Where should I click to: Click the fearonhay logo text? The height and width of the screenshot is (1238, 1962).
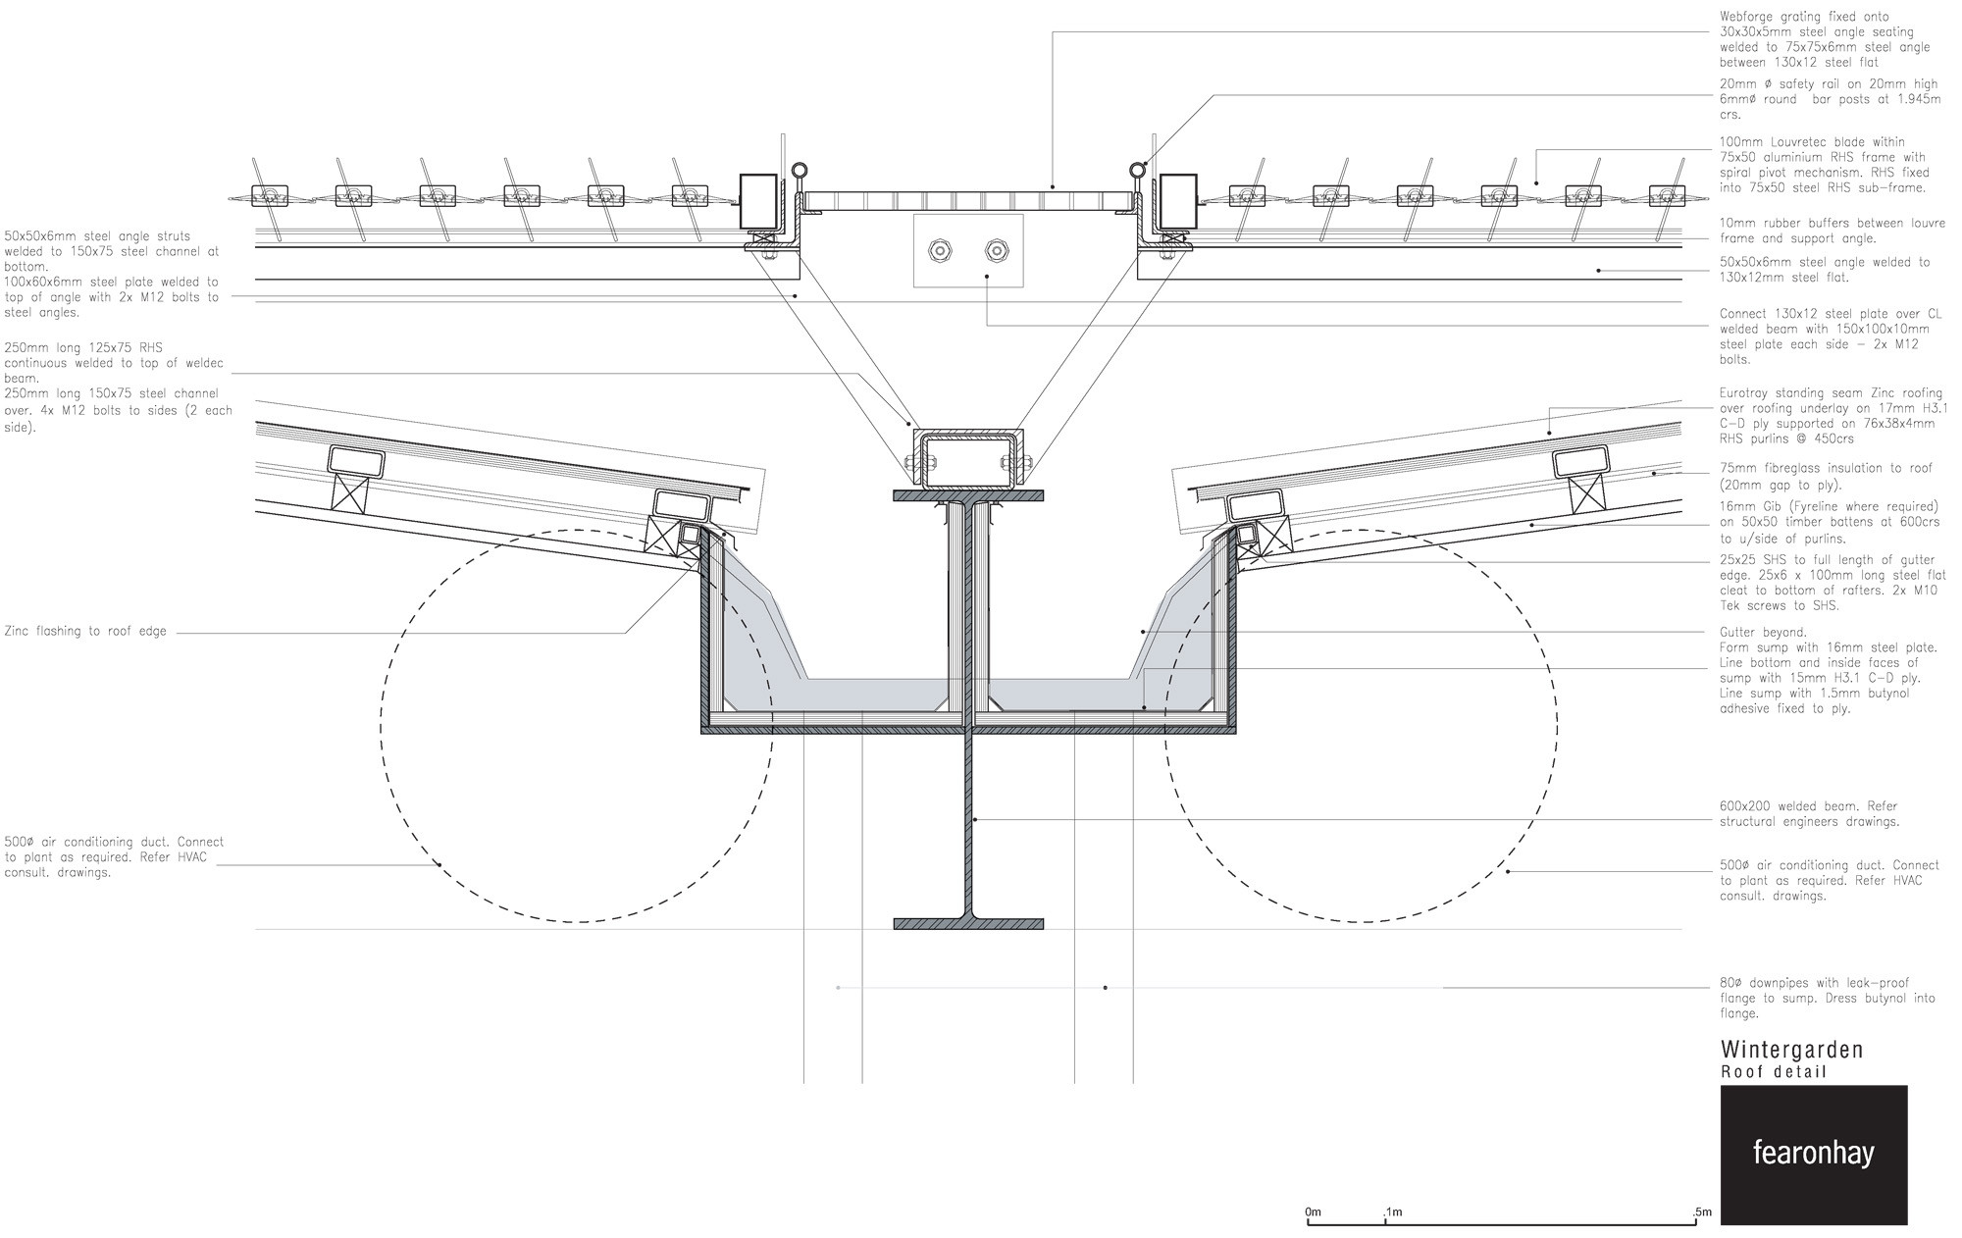[x=1813, y=1154]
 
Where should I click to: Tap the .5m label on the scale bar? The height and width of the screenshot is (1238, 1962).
[x=1701, y=1212]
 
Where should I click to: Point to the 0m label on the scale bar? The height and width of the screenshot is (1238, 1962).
[x=1313, y=1212]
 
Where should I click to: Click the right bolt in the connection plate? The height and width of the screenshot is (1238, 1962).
[x=997, y=251]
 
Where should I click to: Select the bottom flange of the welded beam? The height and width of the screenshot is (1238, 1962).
[x=968, y=923]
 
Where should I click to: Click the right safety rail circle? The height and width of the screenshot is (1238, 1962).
[x=1138, y=169]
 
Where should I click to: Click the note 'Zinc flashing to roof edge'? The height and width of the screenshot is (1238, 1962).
[x=84, y=632]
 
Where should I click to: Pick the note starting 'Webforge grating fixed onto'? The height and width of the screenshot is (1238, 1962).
[x=1825, y=39]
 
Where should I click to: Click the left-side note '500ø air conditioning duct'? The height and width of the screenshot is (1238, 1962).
[x=114, y=856]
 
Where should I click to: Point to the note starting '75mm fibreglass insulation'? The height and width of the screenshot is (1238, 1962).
[x=1826, y=476]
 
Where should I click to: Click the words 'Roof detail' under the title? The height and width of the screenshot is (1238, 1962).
[x=1774, y=1071]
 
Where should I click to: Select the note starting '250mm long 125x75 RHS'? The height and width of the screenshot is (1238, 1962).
[x=114, y=362]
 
